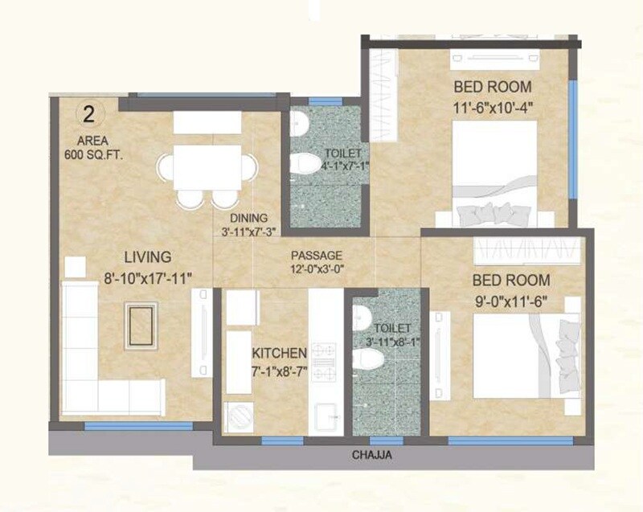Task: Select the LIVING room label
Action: click(147, 258)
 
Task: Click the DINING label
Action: click(248, 218)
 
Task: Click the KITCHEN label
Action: click(279, 353)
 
